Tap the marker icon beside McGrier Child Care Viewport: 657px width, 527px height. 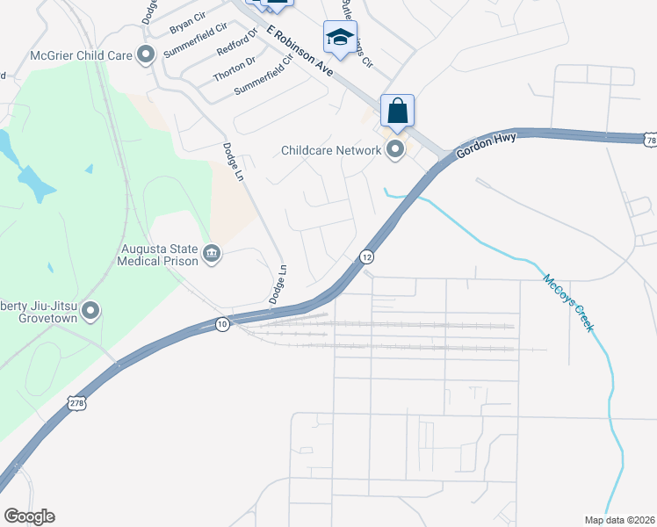(147, 54)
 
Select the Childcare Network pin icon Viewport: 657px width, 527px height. (395, 150)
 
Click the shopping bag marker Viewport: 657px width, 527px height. (397, 112)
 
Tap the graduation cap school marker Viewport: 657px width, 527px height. (340, 38)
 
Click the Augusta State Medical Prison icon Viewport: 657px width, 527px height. (212, 254)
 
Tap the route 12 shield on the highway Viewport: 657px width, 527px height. (366, 256)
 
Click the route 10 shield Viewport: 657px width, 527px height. (222, 324)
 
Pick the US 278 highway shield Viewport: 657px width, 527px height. (76, 402)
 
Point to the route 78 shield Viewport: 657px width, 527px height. (649, 141)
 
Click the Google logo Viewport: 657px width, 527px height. (29, 516)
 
